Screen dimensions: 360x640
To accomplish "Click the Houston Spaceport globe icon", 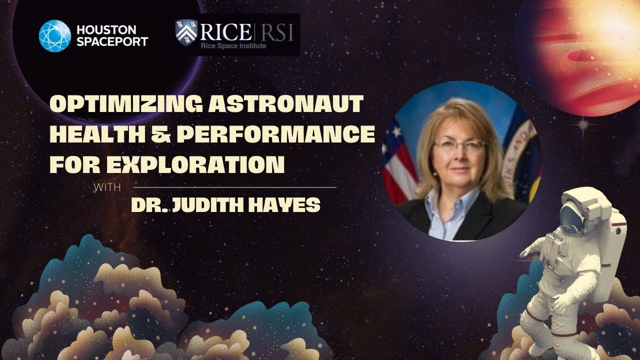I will pos(55,36).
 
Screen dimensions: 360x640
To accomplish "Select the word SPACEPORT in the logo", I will pos(112,41).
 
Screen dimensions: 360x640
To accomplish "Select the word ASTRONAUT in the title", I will pos(283,105).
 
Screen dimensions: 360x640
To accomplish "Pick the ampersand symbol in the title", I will pos(148,135).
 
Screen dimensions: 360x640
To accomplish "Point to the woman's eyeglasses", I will pos(459,145).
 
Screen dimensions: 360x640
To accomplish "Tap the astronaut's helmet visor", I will pos(570,215).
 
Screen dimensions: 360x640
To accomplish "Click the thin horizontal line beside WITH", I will pos(235,187).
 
